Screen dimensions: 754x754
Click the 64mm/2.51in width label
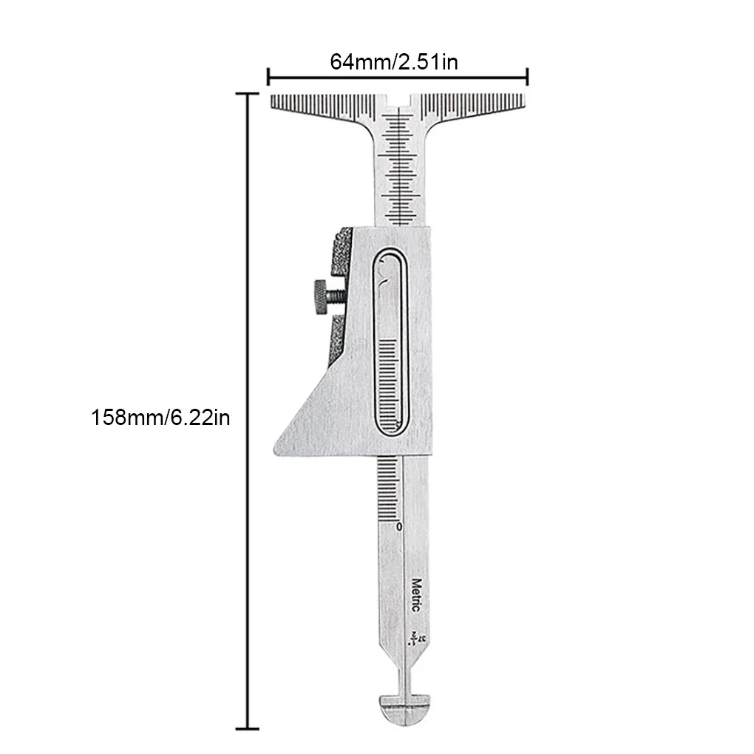(x=393, y=62)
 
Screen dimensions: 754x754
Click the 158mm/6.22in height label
(x=160, y=418)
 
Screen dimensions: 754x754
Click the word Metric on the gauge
(x=415, y=594)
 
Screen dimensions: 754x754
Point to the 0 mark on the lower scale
(x=399, y=526)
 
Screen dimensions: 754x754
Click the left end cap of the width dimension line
(x=268, y=75)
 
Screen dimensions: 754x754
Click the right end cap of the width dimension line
(x=528, y=75)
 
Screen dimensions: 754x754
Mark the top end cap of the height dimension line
(x=247, y=94)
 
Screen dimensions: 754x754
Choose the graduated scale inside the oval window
(x=390, y=384)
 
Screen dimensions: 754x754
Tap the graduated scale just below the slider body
(x=390, y=488)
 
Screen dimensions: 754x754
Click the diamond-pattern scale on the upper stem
(x=401, y=166)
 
